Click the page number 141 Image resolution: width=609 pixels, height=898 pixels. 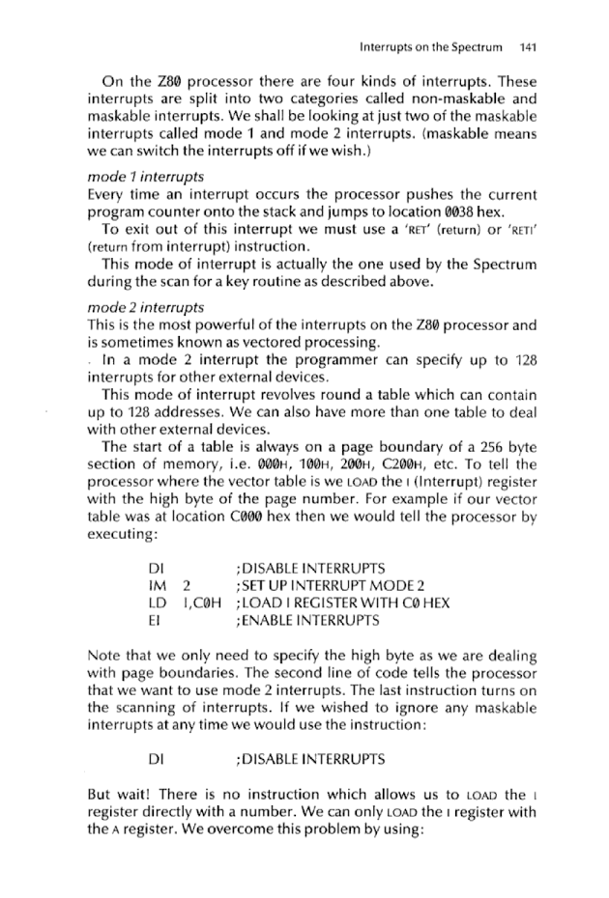pos(528,45)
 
